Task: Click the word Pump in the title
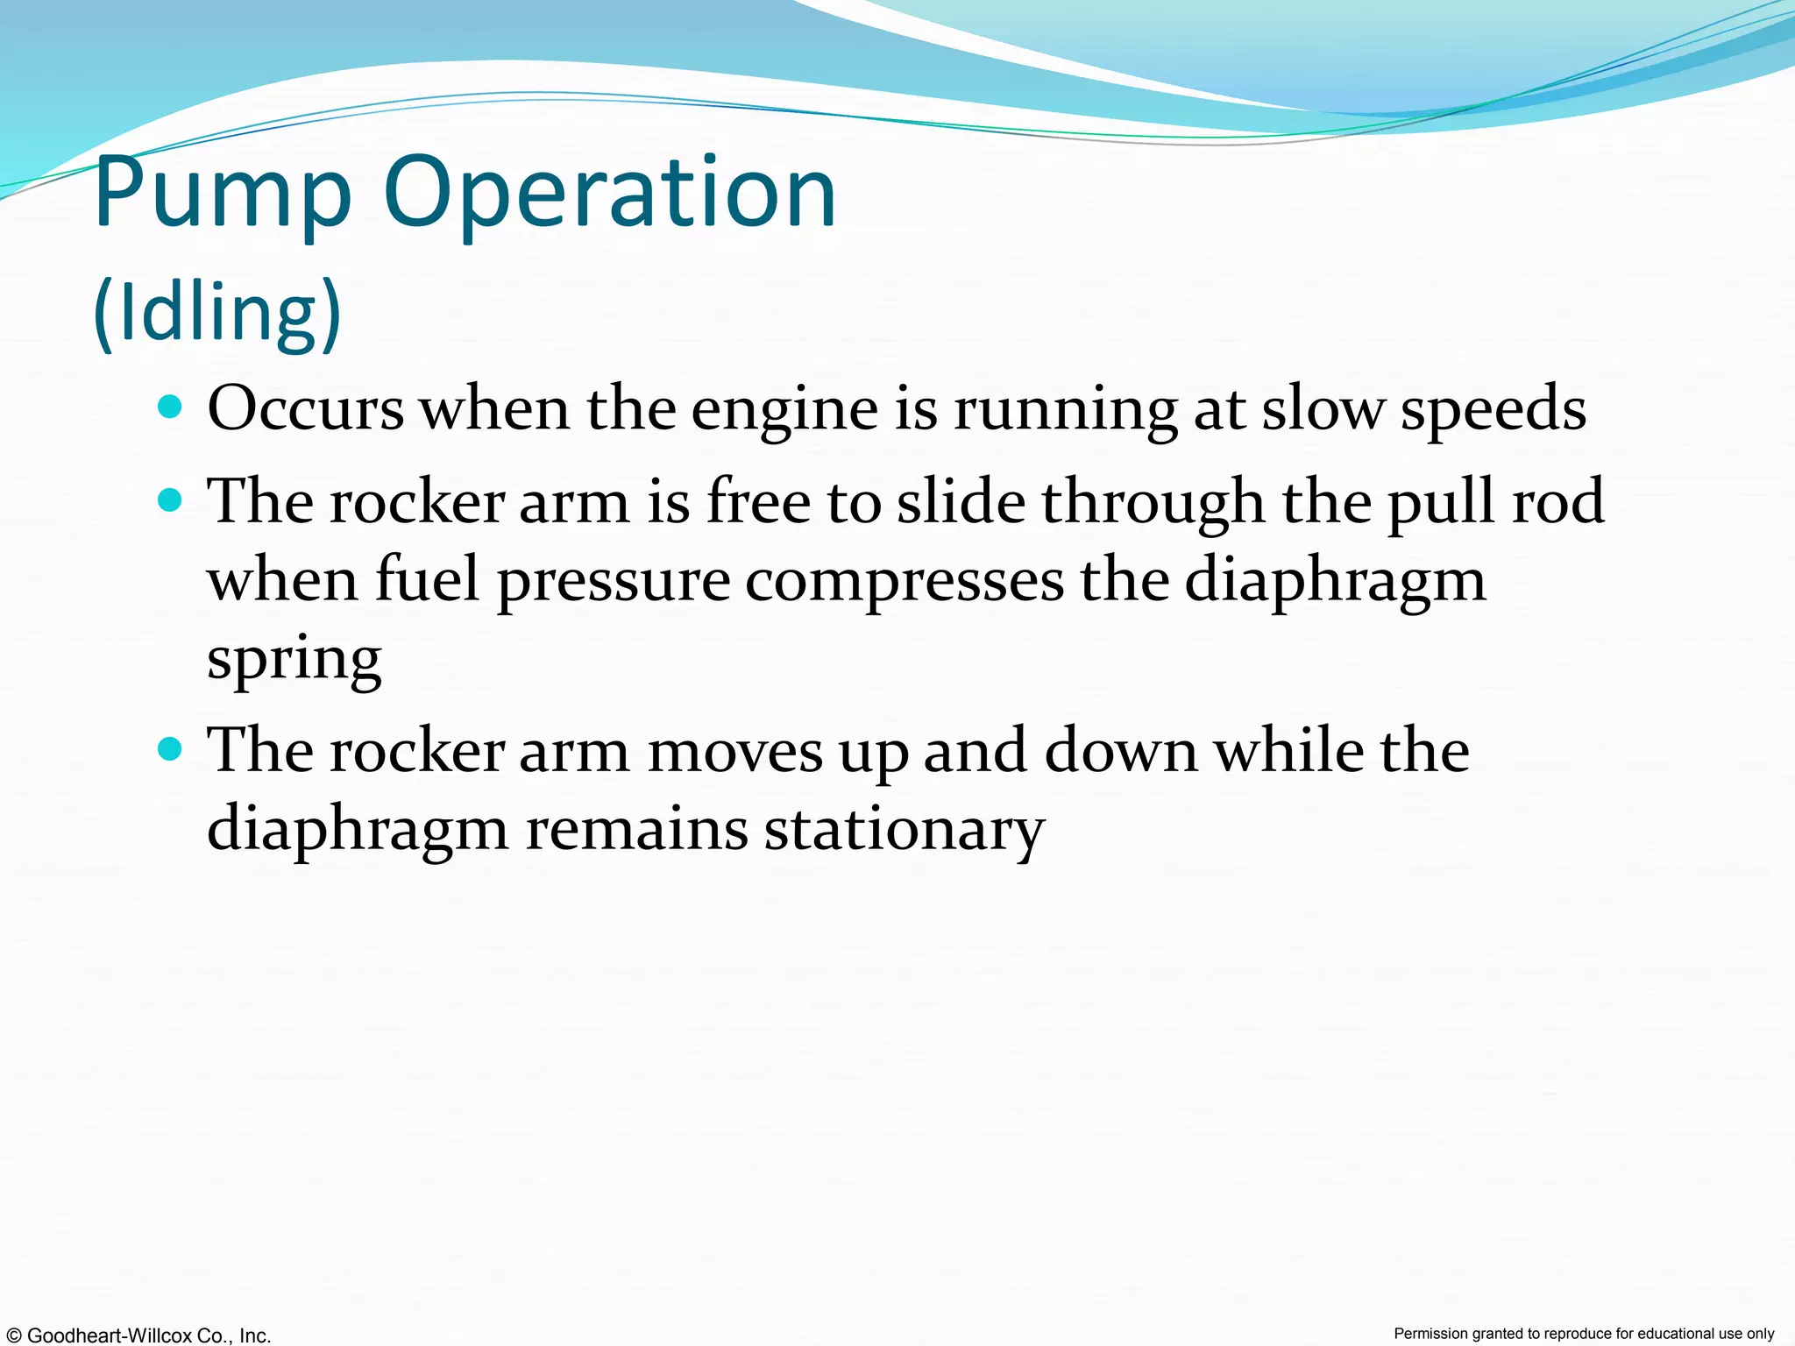[223, 195]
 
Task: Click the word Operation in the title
[609, 195]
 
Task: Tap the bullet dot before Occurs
[170, 407]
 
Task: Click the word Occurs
[306, 409]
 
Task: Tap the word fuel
[428, 580]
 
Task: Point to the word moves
[734, 752]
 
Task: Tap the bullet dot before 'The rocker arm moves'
[170, 749]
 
